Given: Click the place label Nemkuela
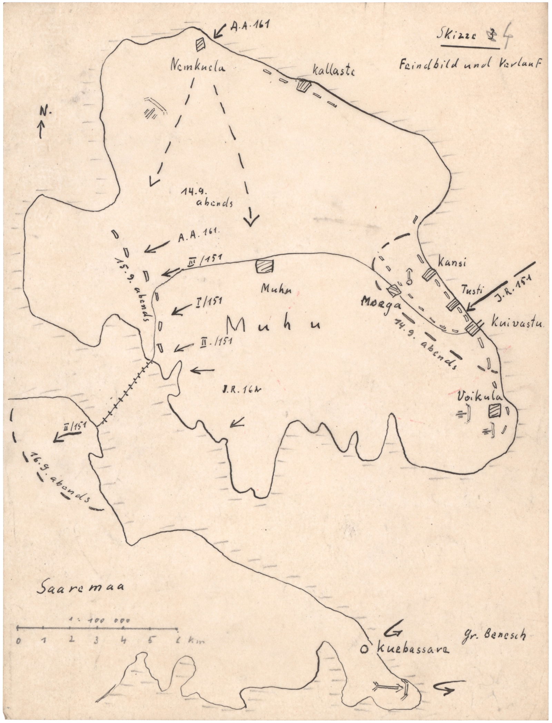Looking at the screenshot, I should coord(197,67).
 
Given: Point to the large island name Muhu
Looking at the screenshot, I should coord(273,324).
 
